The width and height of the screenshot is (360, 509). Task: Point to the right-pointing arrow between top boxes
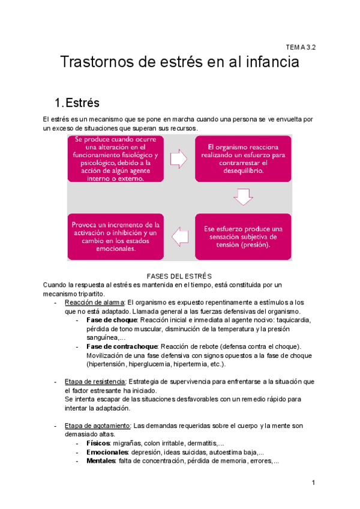click(x=179, y=159)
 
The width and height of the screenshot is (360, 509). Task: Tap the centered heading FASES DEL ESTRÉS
click(x=179, y=276)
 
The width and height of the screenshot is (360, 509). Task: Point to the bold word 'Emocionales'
click(x=109, y=453)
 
